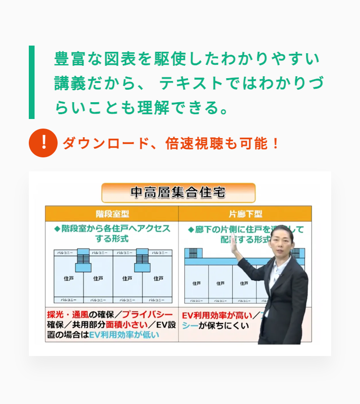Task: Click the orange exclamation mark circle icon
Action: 43,143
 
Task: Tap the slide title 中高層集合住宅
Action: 178,193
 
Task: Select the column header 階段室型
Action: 112,214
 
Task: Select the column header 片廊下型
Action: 245,214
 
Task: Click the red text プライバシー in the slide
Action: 147,315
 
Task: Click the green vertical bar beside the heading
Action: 32,82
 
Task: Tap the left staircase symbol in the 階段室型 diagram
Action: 83,260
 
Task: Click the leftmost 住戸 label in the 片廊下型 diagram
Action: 196,283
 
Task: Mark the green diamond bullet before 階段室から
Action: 57,229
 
